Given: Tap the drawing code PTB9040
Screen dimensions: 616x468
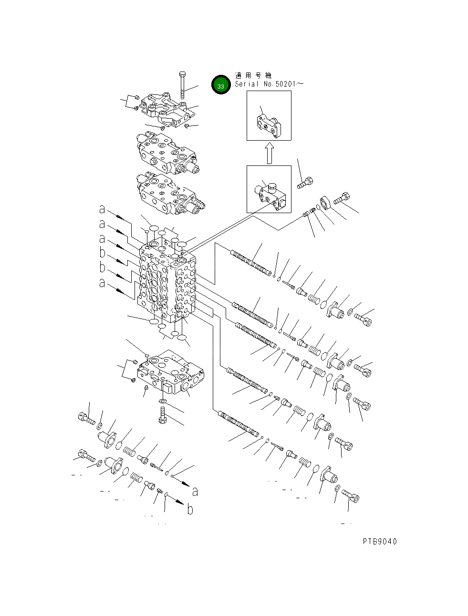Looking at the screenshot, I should pos(379,541).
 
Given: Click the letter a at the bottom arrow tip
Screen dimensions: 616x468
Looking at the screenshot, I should pos(195,491).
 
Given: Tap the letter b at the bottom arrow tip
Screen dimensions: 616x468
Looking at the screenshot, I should pos(190,511).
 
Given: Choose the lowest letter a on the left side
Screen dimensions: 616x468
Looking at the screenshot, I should pos(102,283).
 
